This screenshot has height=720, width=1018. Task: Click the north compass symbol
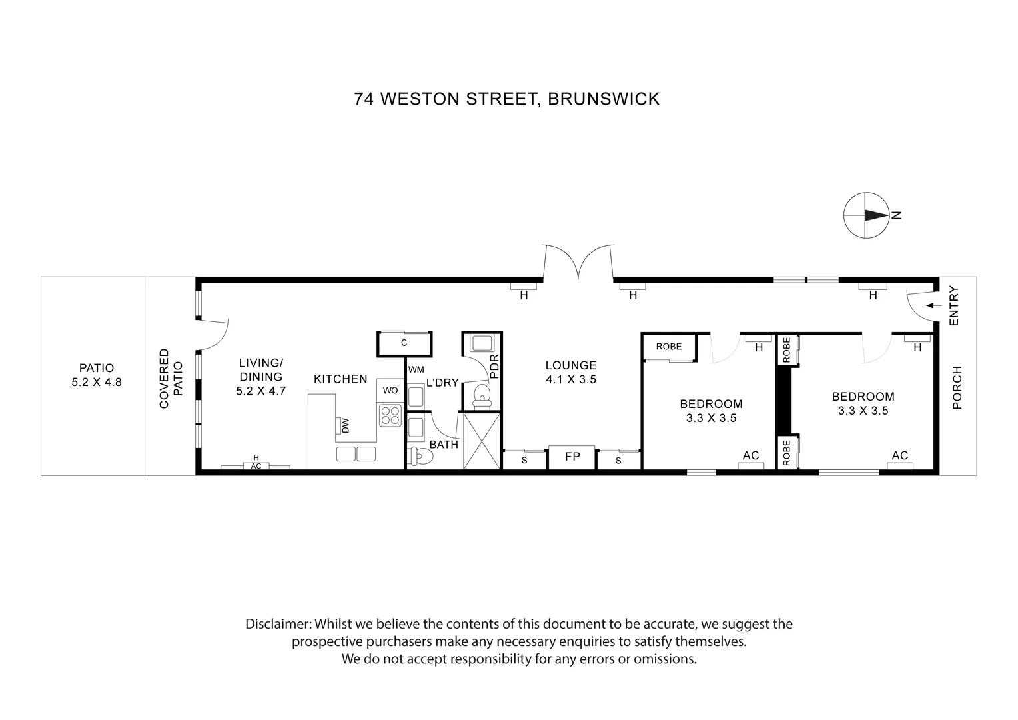866,215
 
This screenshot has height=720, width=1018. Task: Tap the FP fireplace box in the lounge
572,457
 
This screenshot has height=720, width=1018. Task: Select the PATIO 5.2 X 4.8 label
97,375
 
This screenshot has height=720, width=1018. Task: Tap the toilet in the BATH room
422,457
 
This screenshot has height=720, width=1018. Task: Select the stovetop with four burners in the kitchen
390,415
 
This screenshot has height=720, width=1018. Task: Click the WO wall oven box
390,390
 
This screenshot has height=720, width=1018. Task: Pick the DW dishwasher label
344,425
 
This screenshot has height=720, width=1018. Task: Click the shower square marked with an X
481,441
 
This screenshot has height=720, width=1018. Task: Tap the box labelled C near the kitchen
404,343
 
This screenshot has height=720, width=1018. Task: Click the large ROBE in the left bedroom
669,347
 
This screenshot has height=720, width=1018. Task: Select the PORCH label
957,387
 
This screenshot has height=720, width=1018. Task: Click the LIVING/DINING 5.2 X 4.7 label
261,377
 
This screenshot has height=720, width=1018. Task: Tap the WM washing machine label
416,369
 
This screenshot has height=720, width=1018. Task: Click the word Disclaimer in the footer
278,625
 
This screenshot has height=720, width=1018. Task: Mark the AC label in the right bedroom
900,455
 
